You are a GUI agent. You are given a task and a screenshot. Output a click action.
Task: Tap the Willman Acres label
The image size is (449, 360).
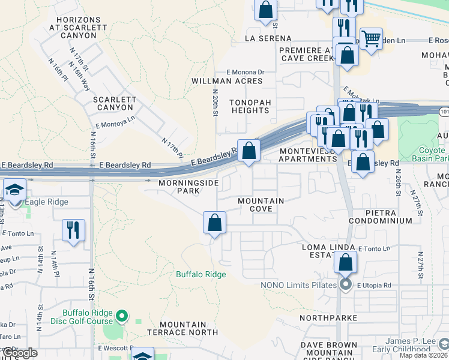point(227,80)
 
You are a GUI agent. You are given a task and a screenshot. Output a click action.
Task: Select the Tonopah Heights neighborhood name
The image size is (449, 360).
point(250,106)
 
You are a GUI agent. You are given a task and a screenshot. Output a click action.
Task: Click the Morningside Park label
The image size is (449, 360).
point(179,187)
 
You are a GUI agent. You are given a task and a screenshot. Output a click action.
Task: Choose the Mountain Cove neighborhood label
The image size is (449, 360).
point(261,205)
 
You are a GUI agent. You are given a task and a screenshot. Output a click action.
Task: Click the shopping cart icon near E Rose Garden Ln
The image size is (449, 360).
point(371,39)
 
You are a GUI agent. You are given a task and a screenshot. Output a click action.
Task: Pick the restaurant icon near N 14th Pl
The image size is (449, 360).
point(73,230)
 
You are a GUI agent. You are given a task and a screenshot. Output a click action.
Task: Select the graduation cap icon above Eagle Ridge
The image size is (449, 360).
point(14,190)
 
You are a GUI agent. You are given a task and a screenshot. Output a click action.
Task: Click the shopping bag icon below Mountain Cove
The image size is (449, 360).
point(214,223)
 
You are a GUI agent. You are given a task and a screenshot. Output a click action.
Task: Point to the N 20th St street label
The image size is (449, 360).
point(214,103)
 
